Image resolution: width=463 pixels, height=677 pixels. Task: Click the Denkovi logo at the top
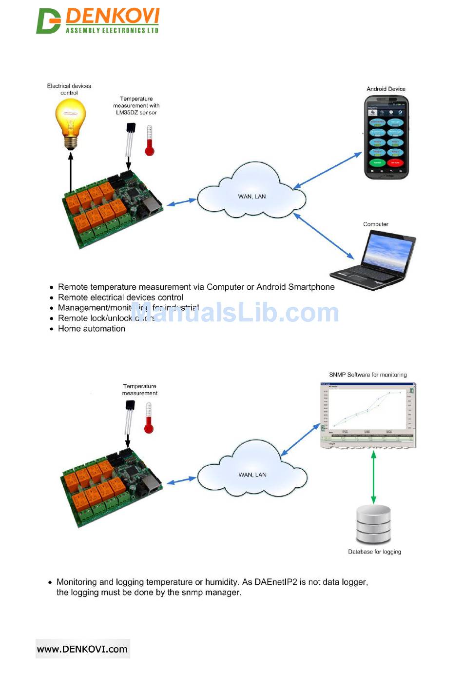[x=98, y=21]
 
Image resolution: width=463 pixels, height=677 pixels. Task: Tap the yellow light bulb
[x=71, y=122]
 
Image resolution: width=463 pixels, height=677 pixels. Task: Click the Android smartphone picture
[x=387, y=138]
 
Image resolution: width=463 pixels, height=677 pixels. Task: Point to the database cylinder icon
[x=373, y=524]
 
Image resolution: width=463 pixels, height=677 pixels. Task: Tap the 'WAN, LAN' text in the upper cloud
[x=252, y=197]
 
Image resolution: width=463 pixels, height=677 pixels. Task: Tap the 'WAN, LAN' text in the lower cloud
[x=252, y=475]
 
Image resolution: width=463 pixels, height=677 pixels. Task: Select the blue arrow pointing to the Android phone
[x=328, y=170]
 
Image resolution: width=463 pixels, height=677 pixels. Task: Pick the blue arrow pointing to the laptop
[x=324, y=237]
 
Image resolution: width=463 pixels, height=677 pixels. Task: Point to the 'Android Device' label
[x=386, y=89]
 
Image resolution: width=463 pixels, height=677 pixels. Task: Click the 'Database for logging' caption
[x=375, y=552]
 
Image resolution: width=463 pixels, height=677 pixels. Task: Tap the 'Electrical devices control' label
[x=69, y=89]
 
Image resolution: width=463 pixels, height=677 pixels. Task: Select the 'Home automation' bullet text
[x=92, y=329]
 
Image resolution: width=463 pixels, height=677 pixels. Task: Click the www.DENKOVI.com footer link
[x=82, y=649]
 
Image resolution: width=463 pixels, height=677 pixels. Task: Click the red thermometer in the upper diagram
[x=150, y=140]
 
